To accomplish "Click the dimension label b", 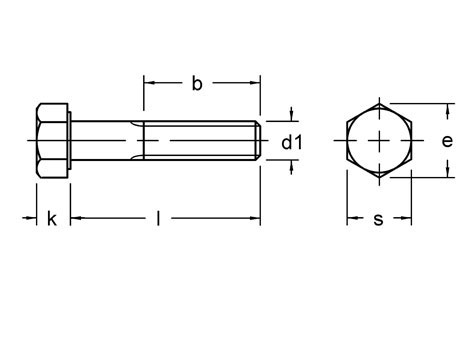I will click(197, 84).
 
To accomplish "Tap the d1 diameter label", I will click(291, 143).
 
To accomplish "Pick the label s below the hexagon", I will click(378, 219).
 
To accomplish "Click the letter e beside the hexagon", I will click(447, 141).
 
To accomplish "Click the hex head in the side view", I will click(52, 142).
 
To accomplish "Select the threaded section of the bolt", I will click(200, 142).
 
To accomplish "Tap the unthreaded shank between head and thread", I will click(105, 142).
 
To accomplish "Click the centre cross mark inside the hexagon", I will click(379, 142).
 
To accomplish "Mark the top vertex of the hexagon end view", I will click(379, 103).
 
